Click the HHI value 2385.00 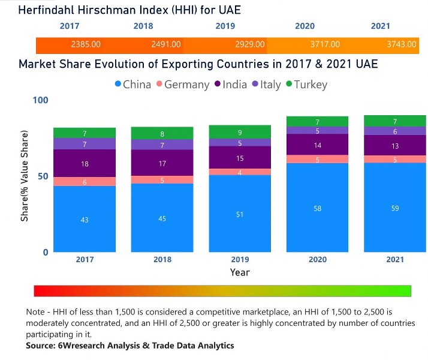pos(85,44)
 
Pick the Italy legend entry pos(266,85)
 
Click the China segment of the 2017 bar pos(85,220)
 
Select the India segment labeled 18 pos(85,163)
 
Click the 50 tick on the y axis pos(43,176)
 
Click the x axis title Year pos(240,272)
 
